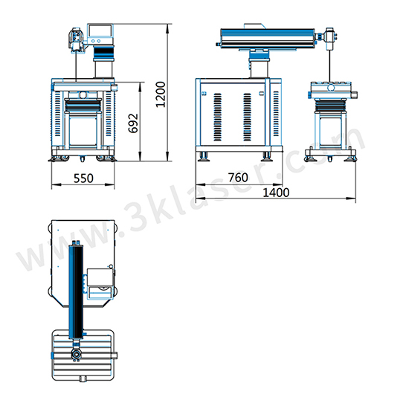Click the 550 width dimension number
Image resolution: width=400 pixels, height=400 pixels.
(x=83, y=178)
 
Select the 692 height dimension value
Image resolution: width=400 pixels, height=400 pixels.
(x=133, y=123)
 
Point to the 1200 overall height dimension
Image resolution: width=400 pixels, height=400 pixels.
(x=161, y=94)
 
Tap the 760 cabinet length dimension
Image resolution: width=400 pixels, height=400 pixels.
(x=238, y=177)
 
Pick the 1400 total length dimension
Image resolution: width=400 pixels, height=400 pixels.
(x=276, y=193)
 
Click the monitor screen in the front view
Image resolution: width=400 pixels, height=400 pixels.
(x=100, y=30)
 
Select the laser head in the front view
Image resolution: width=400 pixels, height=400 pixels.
(x=76, y=40)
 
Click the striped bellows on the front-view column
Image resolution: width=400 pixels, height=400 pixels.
(x=104, y=53)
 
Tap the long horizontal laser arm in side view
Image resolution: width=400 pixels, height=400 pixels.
(x=268, y=38)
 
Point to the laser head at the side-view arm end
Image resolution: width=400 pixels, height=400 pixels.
(x=330, y=39)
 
